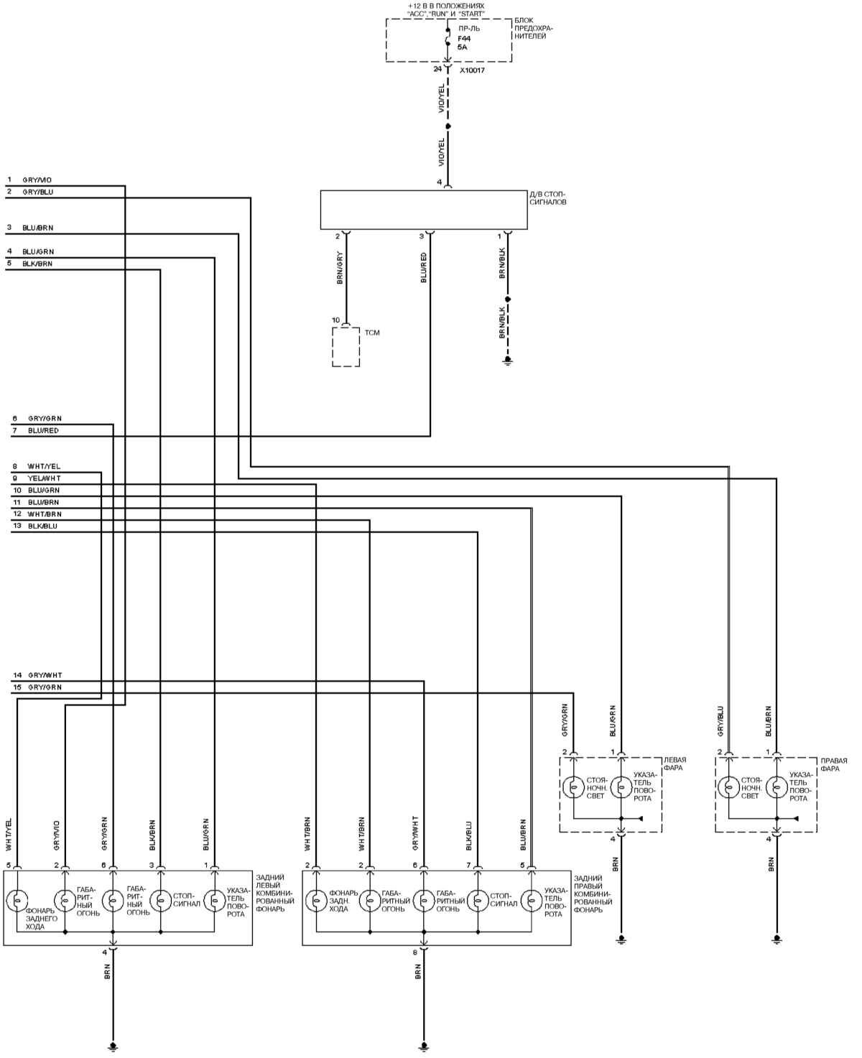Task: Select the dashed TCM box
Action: click(346, 347)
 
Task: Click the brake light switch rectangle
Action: click(424, 210)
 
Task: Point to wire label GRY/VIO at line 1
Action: click(37, 180)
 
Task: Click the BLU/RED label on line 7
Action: click(43, 430)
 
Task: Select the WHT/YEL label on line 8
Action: click(44, 467)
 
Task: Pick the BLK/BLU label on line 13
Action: click(42, 526)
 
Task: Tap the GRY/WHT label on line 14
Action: click(45, 676)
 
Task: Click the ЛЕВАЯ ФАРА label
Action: click(675, 764)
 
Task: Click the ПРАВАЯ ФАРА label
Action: click(834, 764)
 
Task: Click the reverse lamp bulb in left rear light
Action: click(17, 899)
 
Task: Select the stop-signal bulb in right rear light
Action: click(477, 899)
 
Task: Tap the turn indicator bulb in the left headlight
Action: click(621, 787)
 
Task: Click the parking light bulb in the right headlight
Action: click(728, 787)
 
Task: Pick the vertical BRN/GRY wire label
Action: click(340, 269)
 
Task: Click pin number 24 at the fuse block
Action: click(437, 70)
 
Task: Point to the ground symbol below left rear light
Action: click(112, 1047)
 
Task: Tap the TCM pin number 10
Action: click(335, 320)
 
